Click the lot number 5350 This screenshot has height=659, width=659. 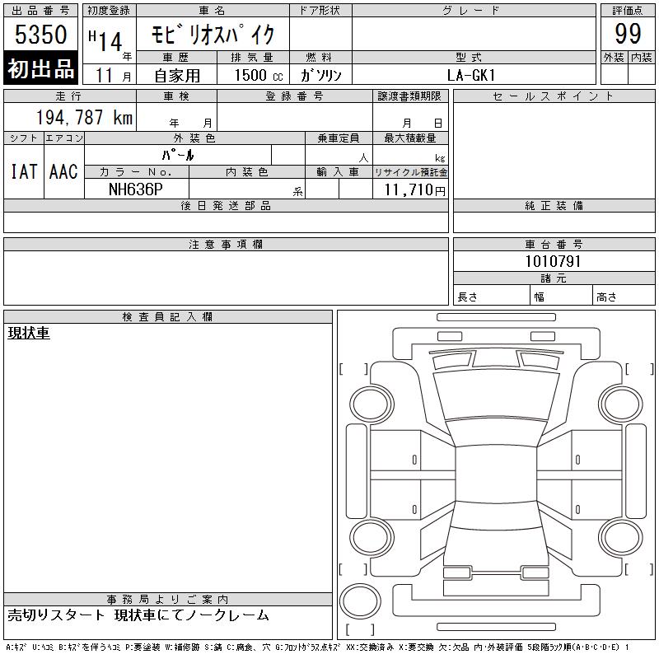click(40, 34)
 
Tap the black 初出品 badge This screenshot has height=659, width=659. click(40, 68)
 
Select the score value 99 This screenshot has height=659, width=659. click(628, 34)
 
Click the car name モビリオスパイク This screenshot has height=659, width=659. click(213, 35)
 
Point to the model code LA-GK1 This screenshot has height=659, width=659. click(471, 75)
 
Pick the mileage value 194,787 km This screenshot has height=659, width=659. click(84, 117)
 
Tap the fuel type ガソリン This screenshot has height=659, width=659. click(320, 75)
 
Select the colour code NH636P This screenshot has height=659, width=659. click(135, 189)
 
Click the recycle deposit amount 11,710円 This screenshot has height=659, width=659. click(414, 189)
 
